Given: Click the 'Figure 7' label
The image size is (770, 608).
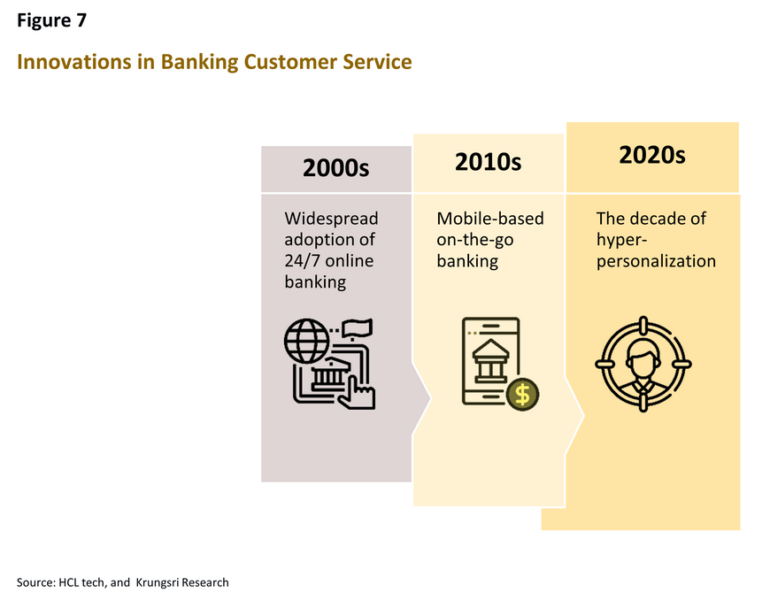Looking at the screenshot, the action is tap(51, 20).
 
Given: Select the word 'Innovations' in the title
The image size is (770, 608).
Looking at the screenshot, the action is tap(74, 62).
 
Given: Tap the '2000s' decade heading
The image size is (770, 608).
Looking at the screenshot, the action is tap(336, 168).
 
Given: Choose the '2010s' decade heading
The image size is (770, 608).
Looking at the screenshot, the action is tap(489, 162).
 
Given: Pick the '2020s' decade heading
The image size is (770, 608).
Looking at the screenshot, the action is tap(652, 155).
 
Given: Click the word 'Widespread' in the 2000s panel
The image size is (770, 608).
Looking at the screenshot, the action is tap(332, 219).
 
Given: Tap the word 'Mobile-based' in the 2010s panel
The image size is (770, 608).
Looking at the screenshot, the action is tap(490, 219).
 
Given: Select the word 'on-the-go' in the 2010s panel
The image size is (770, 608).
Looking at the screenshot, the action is tap(475, 240).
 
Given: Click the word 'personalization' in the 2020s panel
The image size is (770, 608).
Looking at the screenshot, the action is tap(656, 262).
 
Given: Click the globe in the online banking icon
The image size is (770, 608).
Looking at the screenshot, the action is tap(307, 341).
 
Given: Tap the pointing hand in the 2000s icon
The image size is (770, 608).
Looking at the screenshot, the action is tap(357, 393).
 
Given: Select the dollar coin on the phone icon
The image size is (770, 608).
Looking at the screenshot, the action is tap(522, 395).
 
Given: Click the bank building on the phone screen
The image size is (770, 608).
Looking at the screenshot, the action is tap(490, 361).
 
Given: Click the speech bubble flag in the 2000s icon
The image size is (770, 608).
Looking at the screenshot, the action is tap(357, 328).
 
